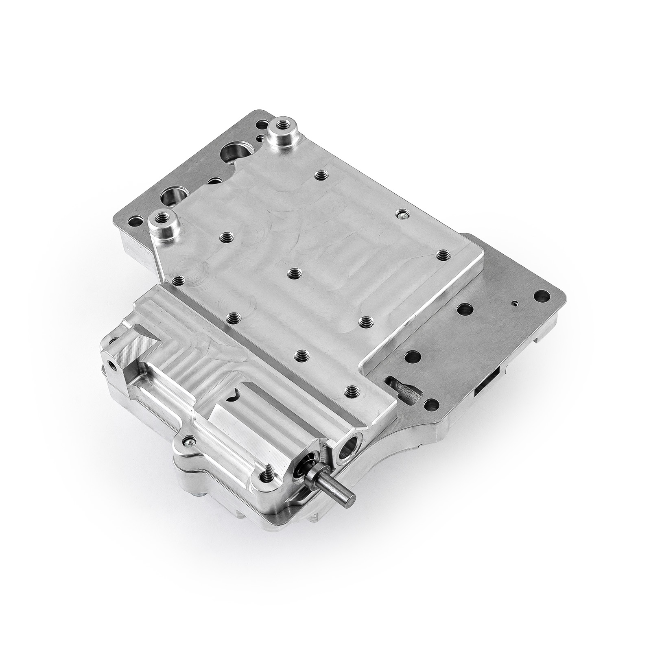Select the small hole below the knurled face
point(111,362)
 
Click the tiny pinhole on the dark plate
point(515,303)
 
